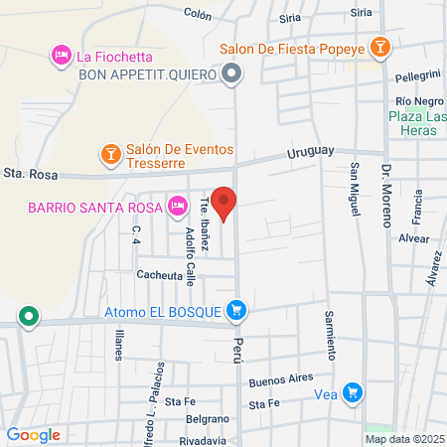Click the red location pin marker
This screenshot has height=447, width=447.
[224, 203]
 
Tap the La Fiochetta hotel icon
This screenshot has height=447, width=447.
[61, 53]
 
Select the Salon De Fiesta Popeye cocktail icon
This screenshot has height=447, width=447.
[378, 47]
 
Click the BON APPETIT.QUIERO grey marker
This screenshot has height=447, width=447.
[232, 74]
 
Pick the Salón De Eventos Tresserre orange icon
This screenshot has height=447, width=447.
[110, 154]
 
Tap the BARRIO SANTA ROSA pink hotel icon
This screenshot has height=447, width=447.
[177, 206]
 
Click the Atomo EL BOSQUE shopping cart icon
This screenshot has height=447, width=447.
[235, 311]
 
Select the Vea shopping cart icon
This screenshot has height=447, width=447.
[351, 391]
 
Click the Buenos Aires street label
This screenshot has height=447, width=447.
[281, 378]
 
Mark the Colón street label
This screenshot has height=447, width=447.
[199, 15]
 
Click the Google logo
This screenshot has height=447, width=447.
[33, 434]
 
